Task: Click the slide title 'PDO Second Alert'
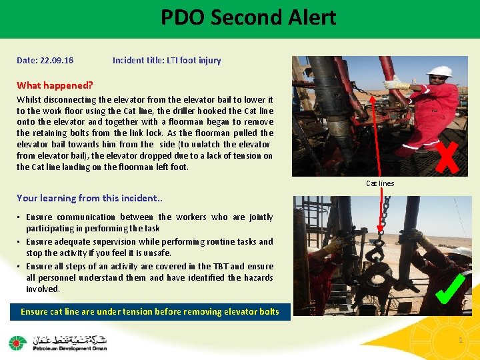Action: (x=248, y=17)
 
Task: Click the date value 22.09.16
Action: (x=56, y=61)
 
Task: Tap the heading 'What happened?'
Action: (x=55, y=85)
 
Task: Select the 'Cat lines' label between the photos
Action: (x=380, y=183)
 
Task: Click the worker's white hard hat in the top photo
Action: (x=439, y=71)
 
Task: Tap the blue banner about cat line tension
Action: (x=150, y=311)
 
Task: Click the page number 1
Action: (x=460, y=341)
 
